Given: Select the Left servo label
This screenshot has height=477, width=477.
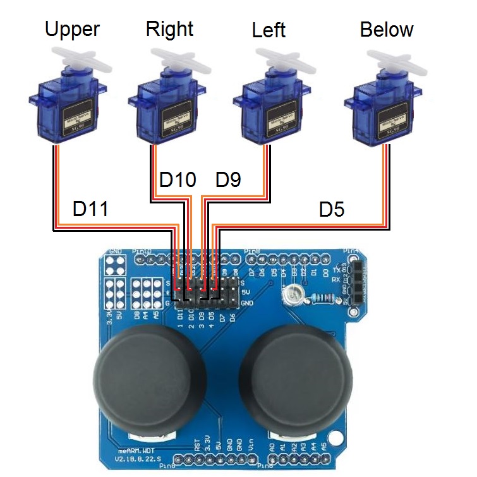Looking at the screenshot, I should point(268,30).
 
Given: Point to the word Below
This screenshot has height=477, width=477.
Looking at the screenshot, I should point(386,29).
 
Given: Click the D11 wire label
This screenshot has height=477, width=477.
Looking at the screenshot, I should point(90,208).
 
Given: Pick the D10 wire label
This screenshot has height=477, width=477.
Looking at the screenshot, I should point(178,180).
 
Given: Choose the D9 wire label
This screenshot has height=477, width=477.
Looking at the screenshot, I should point(228,180).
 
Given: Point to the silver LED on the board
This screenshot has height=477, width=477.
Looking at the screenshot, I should point(293,292).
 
